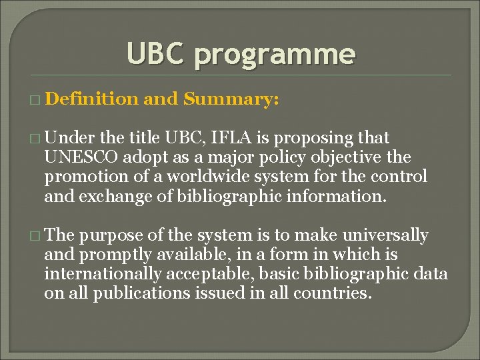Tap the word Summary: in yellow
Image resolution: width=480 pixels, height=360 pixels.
click(x=231, y=99)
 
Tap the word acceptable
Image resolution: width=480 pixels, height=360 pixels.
click(x=217, y=274)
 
